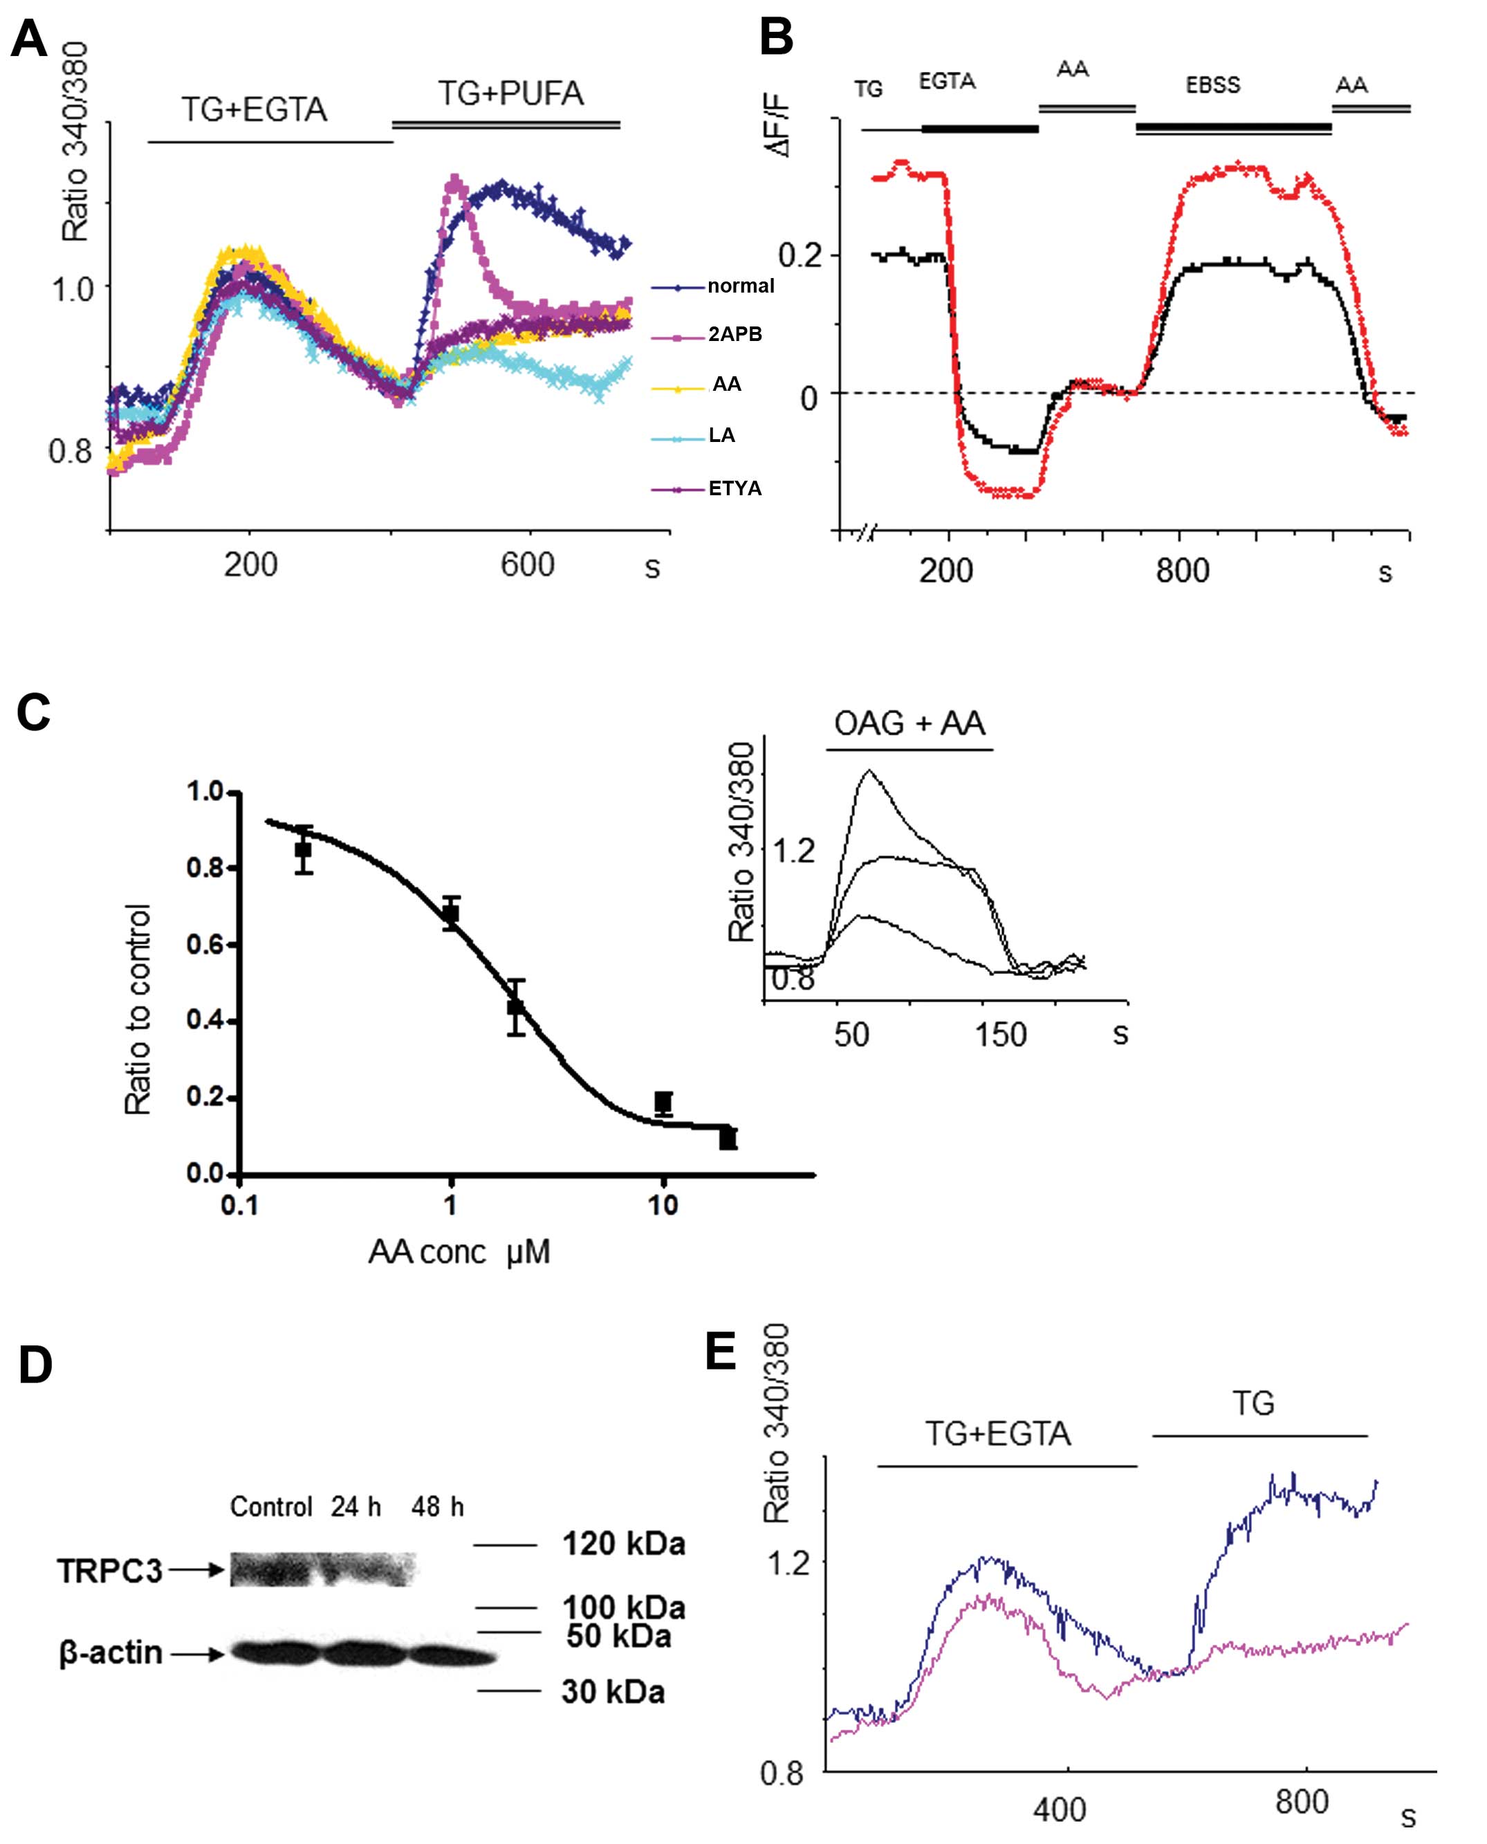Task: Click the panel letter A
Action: pyautogui.click(x=30, y=39)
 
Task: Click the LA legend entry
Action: pyautogui.click(x=721, y=436)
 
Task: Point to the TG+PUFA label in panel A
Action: pyautogui.click(x=511, y=93)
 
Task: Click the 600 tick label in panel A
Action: pyautogui.click(x=528, y=565)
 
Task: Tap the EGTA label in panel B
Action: pyautogui.click(x=947, y=82)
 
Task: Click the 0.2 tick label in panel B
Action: pyautogui.click(x=801, y=255)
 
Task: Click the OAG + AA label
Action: pyautogui.click(x=909, y=723)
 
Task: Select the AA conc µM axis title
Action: pyautogui.click(x=459, y=1252)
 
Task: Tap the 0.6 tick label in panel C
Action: pyautogui.click(x=206, y=946)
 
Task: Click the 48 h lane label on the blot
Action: pyautogui.click(x=437, y=1507)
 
